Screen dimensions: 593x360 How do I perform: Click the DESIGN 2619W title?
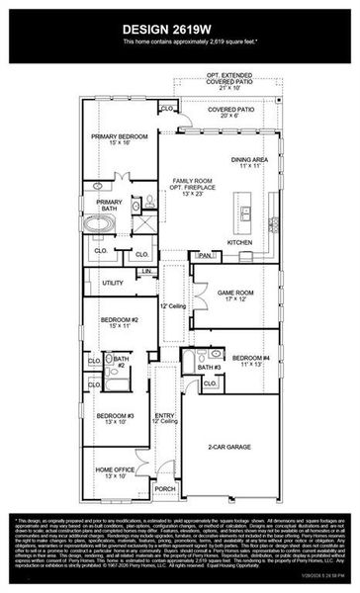(x=180, y=28)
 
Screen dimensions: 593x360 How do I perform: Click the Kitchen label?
(x=240, y=241)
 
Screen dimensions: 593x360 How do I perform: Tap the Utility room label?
(x=113, y=283)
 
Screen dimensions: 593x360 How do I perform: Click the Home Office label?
(x=115, y=472)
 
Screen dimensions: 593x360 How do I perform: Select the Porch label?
(x=165, y=488)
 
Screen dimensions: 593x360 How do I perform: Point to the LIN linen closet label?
(x=146, y=270)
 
